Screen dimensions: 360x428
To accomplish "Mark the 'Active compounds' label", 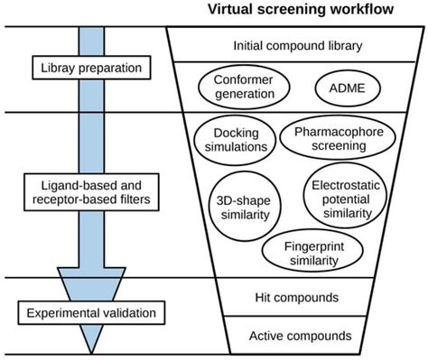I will [300, 336].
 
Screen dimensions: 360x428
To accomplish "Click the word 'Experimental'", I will [61, 314].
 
